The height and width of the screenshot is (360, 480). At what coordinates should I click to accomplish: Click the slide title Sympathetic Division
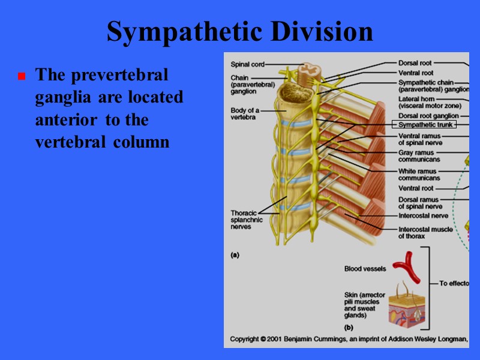click(240, 32)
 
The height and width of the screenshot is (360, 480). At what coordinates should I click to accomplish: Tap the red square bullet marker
click(21, 77)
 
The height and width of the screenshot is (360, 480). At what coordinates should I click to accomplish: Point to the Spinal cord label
click(247, 64)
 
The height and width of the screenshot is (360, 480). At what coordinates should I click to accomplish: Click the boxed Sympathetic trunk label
click(424, 125)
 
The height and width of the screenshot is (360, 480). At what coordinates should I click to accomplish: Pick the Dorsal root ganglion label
click(428, 116)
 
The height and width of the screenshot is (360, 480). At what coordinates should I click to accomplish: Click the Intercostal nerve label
click(423, 215)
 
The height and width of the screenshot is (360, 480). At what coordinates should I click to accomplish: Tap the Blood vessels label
click(365, 269)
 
